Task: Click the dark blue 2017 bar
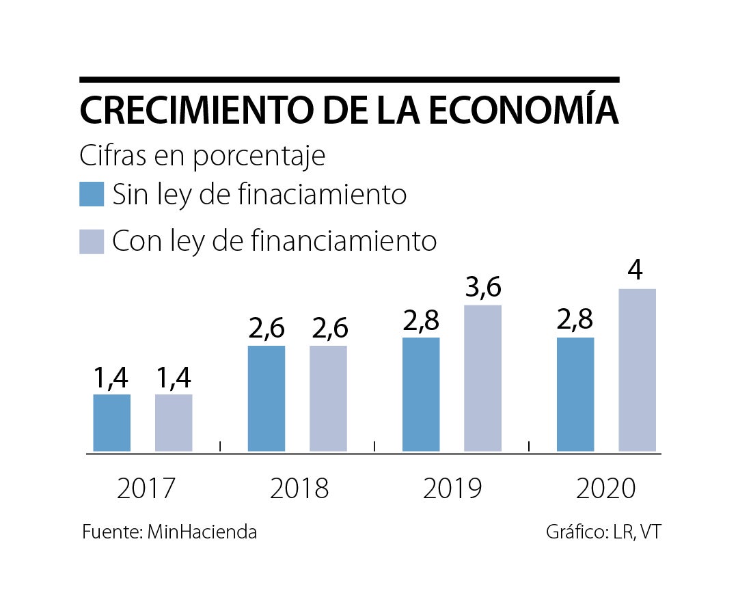coord(111,423)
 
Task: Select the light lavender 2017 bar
coord(174,423)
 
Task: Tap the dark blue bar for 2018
coord(266,398)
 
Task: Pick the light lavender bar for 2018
coord(328,398)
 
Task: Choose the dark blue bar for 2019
coord(421,394)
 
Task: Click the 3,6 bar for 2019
coord(482,378)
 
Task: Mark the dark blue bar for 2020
coord(575,394)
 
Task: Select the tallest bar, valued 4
coord(637,370)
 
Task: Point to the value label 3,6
coord(482,288)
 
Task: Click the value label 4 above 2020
coord(635,271)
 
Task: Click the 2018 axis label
coord(299,489)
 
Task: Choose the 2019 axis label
coord(452,489)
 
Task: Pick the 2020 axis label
coord(606,489)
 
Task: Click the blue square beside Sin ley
coord(92,194)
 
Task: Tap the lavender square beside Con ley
coord(92,241)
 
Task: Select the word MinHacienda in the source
coord(202,532)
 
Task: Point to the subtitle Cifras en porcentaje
coord(202,156)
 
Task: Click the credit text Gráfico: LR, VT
coord(603,532)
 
